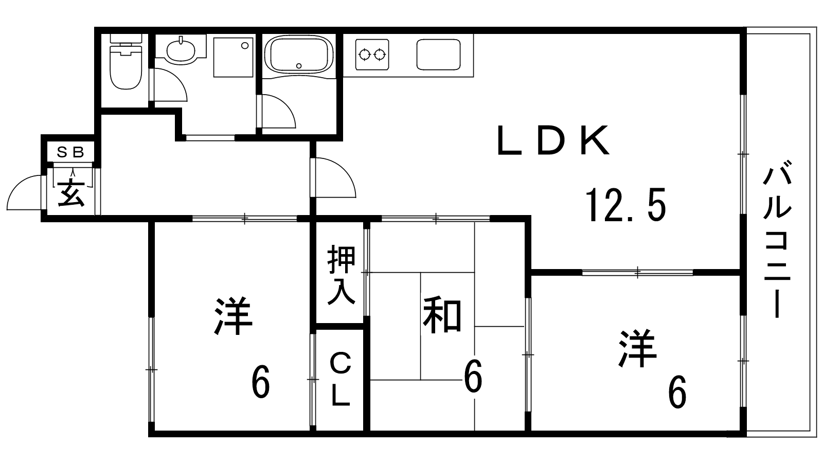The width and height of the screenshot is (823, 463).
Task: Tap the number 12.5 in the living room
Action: (x=626, y=205)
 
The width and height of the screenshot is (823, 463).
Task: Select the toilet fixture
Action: (x=125, y=64)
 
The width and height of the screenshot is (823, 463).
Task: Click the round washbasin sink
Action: (x=181, y=50)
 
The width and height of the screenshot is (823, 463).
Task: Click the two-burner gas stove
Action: (x=372, y=54)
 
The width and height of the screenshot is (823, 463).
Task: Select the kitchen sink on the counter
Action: (x=438, y=54)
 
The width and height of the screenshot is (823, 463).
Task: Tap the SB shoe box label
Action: (x=70, y=152)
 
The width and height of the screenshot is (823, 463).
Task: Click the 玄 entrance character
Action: (x=71, y=193)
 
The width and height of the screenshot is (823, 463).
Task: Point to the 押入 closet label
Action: (x=342, y=275)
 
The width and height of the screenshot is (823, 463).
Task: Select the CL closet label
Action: (x=340, y=379)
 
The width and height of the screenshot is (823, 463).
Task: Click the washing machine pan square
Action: (x=233, y=57)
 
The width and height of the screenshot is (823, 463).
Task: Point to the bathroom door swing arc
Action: (x=278, y=111)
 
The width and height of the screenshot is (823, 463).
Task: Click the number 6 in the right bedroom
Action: (x=677, y=392)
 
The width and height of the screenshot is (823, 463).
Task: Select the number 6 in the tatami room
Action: (x=473, y=377)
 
